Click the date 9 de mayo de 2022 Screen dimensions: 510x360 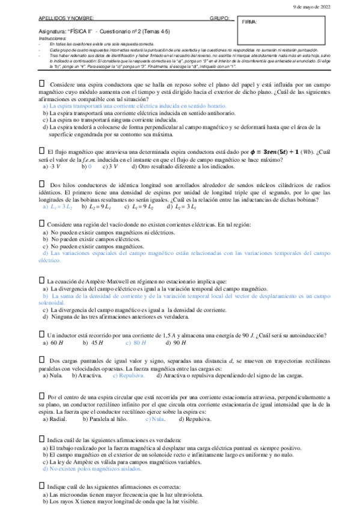(328, 5)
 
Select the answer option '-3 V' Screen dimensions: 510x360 (54, 166)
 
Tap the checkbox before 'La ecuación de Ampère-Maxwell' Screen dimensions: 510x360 (41, 280)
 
